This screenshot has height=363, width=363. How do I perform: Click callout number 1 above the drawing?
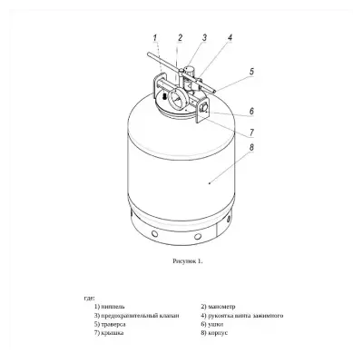[x=155, y=38]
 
